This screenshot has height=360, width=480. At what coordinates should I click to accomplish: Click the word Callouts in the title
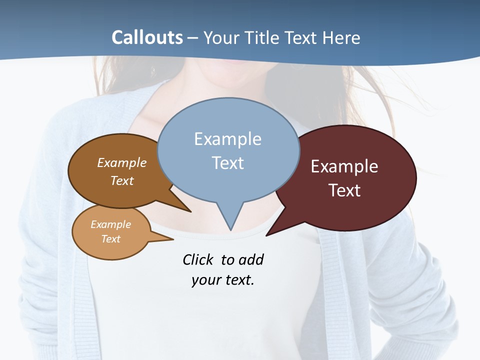click(147, 37)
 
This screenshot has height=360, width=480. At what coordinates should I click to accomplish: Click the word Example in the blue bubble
click(227, 139)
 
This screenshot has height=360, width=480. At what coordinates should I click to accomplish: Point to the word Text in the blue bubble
click(227, 163)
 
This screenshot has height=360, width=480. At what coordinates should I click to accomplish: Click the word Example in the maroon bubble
click(344, 166)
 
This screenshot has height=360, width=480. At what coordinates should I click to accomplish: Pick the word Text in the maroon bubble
click(344, 190)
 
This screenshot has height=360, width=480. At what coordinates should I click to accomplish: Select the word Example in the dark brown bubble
click(122, 163)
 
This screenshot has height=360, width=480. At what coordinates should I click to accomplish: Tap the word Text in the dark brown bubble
click(122, 181)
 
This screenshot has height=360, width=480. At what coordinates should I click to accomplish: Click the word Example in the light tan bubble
click(110, 224)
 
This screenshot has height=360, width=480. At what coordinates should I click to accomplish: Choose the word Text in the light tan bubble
click(110, 239)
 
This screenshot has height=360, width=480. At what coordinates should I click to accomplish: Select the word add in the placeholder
click(250, 259)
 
